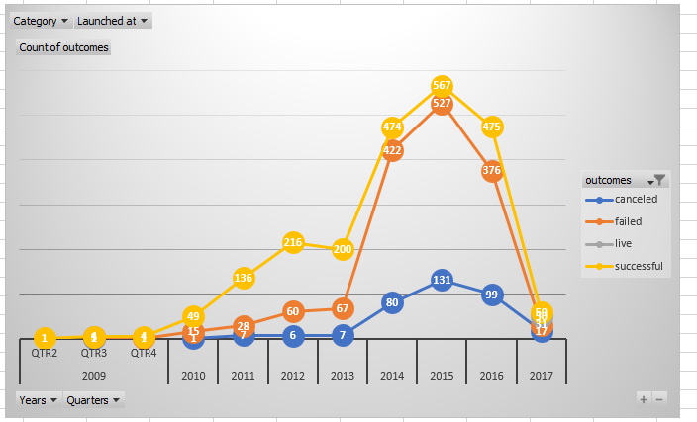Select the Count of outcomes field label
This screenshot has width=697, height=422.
63,47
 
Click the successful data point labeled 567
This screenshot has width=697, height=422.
443,86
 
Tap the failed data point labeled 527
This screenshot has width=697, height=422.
443,104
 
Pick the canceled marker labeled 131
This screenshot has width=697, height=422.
443,280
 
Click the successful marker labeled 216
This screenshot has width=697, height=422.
293,242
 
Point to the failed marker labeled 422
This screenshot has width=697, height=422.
393,151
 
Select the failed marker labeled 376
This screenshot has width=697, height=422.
492,170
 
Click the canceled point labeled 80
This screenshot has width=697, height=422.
393,302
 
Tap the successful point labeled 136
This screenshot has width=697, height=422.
244,278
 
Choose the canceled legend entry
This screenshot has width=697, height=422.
627,200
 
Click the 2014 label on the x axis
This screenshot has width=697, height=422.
392,376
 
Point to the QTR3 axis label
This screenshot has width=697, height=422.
94,353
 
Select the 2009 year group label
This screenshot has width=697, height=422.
94,376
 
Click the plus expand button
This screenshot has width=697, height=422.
644,398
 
